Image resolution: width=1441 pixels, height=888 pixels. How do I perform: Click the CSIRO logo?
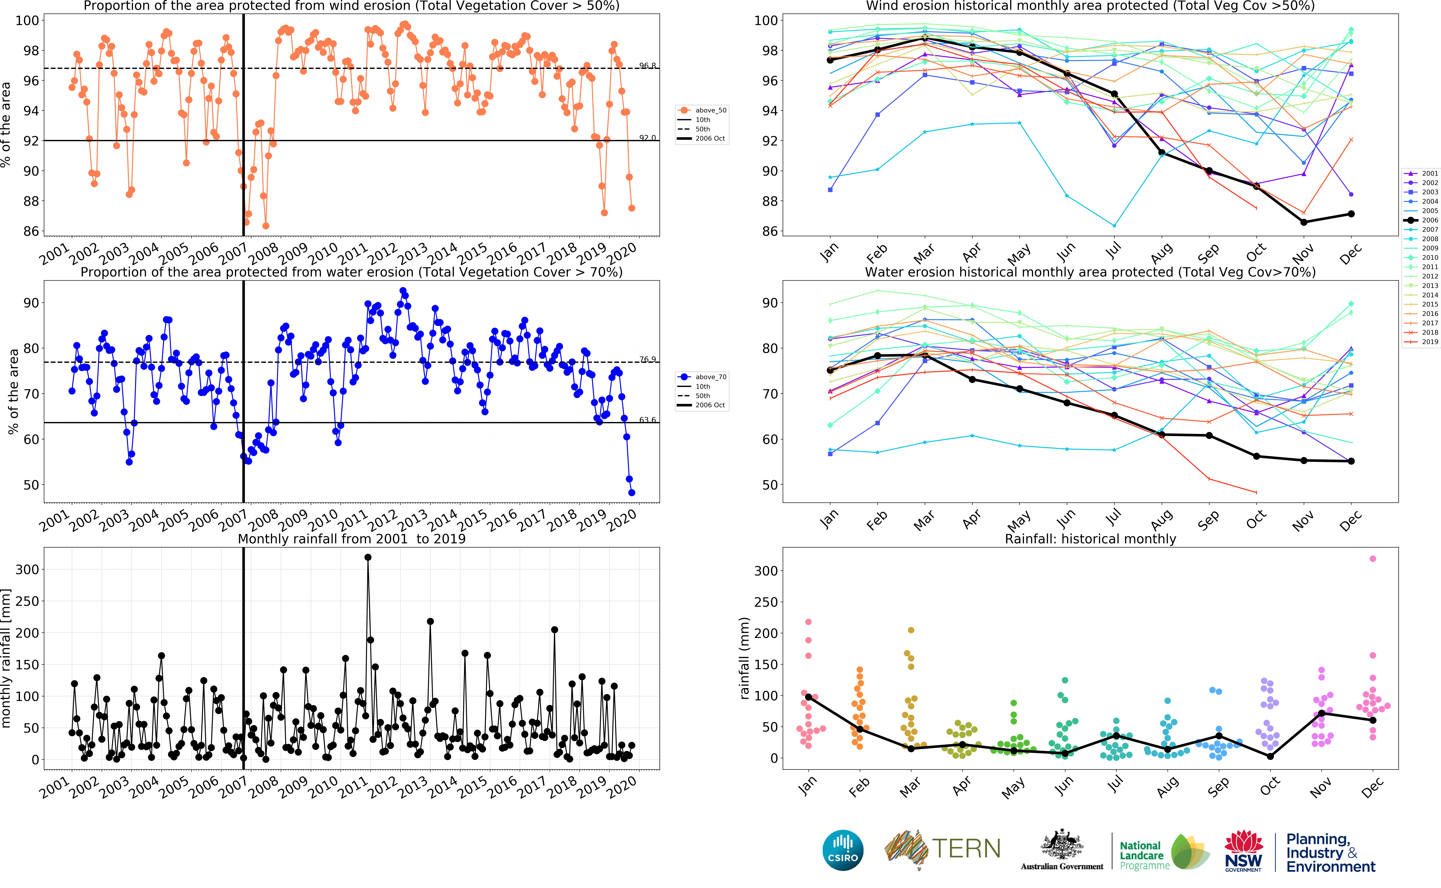click(843, 850)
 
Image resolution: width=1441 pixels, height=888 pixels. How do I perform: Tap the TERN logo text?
click(966, 849)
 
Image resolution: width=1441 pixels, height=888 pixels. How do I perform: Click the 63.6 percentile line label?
click(647, 420)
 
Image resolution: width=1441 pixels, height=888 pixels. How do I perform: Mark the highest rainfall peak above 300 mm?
click(368, 557)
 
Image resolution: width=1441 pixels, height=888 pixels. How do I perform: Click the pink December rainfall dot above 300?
click(1372, 559)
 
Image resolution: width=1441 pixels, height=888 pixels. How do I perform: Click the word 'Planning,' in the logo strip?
click(1318, 839)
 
